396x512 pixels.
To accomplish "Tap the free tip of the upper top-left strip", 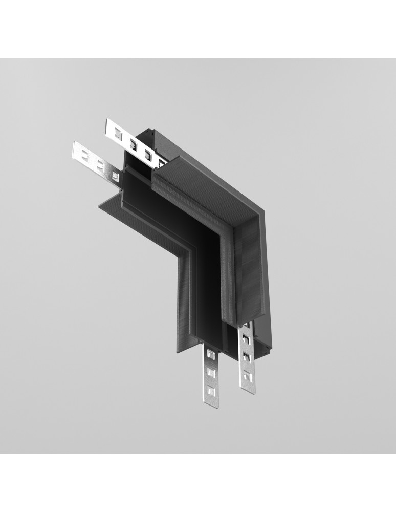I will coord(107,126).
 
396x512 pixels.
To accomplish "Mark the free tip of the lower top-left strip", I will coord(74,148).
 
